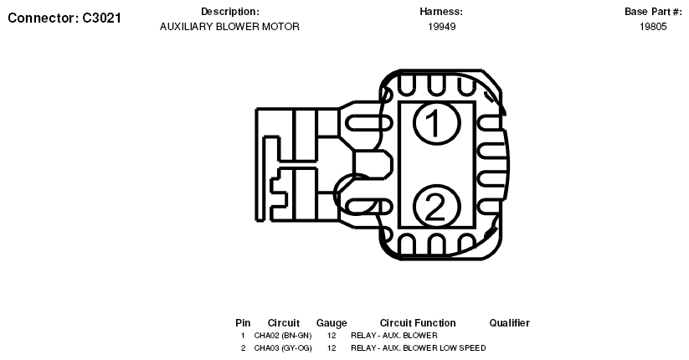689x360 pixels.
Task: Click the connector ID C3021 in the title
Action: click(101, 18)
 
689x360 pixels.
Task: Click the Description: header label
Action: click(230, 12)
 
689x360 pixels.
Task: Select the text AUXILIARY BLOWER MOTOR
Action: click(229, 27)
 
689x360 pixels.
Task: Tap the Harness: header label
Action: click(441, 12)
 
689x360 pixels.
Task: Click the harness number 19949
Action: click(441, 27)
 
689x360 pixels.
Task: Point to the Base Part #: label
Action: click(653, 12)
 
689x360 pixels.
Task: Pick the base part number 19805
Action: click(653, 27)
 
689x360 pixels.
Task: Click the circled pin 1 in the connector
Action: click(437, 122)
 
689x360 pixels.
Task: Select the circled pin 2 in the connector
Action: click(437, 206)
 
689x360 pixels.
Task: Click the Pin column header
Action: click(243, 323)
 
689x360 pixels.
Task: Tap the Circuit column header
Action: click(284, 323)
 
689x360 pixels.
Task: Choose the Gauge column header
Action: click(332, 323)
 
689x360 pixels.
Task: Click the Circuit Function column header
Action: click(418, 323)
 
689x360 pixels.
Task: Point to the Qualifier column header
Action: click(509, 323)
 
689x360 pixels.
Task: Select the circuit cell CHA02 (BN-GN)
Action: click(283, 336)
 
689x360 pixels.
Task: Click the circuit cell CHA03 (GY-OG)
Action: click(283, 347)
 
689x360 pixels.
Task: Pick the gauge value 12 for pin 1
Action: click(332, 336)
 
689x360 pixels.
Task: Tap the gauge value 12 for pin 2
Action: click(332, 347)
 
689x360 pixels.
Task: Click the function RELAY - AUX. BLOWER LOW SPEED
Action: click(419, 347)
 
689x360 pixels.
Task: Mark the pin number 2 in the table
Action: click(243, 347)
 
